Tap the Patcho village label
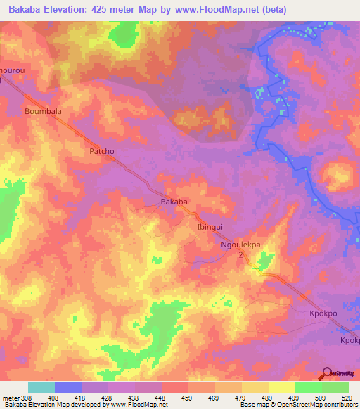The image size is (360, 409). pyautogui.click(x=101, y=151)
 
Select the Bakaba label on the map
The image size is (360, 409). pyautogui.click(x=174, y=202)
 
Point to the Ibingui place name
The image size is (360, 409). pyautogui.click(x=210, y=228)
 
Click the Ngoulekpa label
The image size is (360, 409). pyautogui.click(x=240, y=245)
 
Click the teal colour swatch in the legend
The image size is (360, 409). pyautogui.click(x=41, y=387)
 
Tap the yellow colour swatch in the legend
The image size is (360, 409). pyautogui.click(x=281, y=387)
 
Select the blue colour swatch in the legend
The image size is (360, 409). pyautogui.click(x=68, y=387)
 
